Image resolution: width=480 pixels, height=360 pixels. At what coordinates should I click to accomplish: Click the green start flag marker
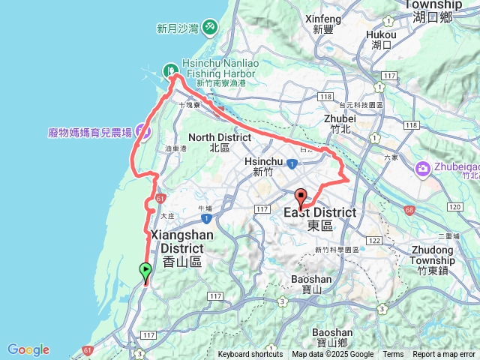[x=145, y=271]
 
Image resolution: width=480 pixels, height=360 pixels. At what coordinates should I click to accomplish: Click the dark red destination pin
[x=301, y=199]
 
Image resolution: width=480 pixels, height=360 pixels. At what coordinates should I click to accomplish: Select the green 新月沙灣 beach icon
[x=210, y=28]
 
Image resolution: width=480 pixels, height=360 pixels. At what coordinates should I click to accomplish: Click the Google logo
[x=28, y=349]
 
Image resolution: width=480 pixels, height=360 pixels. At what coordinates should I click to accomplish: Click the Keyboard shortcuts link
[x=250, y=355]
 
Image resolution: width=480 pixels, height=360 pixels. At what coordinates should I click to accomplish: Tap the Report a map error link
[x=444, y=355]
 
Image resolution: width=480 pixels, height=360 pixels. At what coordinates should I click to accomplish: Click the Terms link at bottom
[x=393, y=355]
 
